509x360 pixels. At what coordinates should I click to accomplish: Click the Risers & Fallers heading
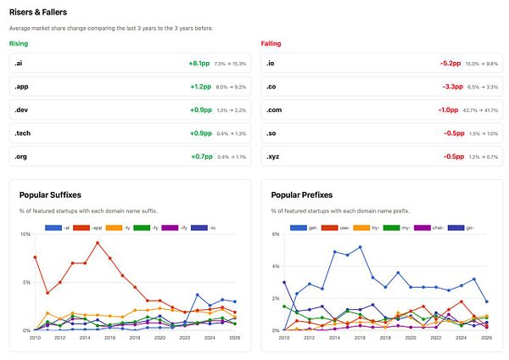38,12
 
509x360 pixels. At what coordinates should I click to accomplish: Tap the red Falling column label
271,43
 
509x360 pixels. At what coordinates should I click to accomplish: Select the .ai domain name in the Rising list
18,64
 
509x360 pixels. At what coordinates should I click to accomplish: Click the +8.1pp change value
199,64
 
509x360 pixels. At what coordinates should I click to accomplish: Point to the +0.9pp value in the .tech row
199,133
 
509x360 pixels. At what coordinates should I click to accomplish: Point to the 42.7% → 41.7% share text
485,110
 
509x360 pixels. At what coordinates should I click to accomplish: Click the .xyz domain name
274,157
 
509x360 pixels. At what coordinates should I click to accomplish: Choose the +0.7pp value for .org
199,157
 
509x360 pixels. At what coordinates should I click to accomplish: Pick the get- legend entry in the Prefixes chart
306,228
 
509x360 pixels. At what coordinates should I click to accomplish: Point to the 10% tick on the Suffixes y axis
25,234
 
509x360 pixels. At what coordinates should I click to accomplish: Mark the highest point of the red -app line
98,243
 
